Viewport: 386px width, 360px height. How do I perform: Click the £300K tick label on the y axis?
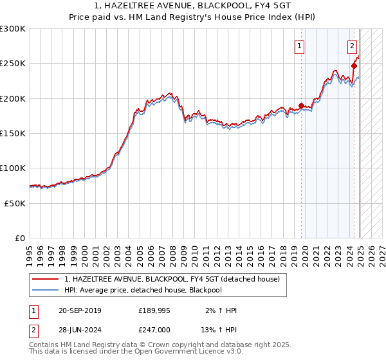[13, 29]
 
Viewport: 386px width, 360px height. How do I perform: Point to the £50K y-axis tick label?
[15, 203]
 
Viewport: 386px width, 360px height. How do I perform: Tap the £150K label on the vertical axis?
[13, 133]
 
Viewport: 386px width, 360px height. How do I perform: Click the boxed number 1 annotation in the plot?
[300, 46]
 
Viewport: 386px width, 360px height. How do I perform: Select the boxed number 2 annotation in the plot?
[353, 46]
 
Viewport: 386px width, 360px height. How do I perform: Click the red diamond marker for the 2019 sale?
[301, 106]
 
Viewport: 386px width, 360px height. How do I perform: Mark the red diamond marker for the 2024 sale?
[354, 66]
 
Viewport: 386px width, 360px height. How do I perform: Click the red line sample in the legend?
[46, 279]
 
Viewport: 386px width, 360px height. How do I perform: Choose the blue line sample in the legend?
[46, 290]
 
